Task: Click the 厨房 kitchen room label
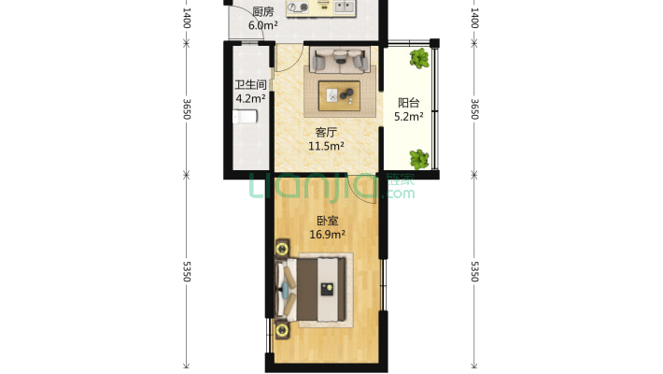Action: coord(263,12)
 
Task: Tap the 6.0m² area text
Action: coord(263,25)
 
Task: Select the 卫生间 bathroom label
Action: coord(251,85)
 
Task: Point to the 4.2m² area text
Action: coord(251,99)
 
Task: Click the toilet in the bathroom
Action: coord(245,117)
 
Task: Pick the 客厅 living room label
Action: coord(326,133)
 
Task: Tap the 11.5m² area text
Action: coord(326,147)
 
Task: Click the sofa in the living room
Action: coord(340,60)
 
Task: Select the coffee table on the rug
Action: coord(339,95)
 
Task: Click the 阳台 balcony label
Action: coord(409,103)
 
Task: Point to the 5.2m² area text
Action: coord(409,117)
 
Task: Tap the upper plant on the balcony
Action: coord(419,59)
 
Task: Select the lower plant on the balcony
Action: coord(419,159)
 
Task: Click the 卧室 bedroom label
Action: coord(328,221)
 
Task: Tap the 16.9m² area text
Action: coord(328,235)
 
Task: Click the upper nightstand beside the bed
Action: coord(282,248)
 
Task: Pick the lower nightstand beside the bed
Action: coord(282,330)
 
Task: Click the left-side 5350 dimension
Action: coord(187,271)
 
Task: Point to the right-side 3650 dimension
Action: coord(474,109)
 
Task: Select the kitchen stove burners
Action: coord(298,7)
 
